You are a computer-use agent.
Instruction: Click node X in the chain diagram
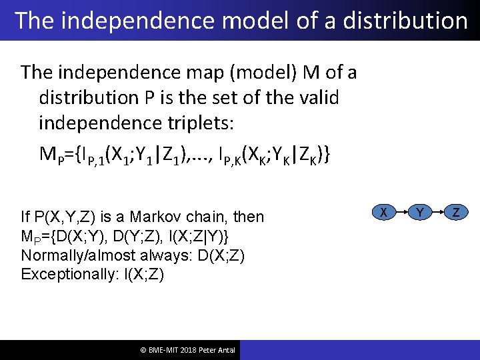click(383, 212)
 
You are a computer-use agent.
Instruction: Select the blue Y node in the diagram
click(420, 212)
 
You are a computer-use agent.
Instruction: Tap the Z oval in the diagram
click(457, 212)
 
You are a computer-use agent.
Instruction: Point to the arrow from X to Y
click(401, 212)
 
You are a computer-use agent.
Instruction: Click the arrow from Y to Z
click(439, 212)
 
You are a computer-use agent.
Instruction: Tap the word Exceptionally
click(65, 274)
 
